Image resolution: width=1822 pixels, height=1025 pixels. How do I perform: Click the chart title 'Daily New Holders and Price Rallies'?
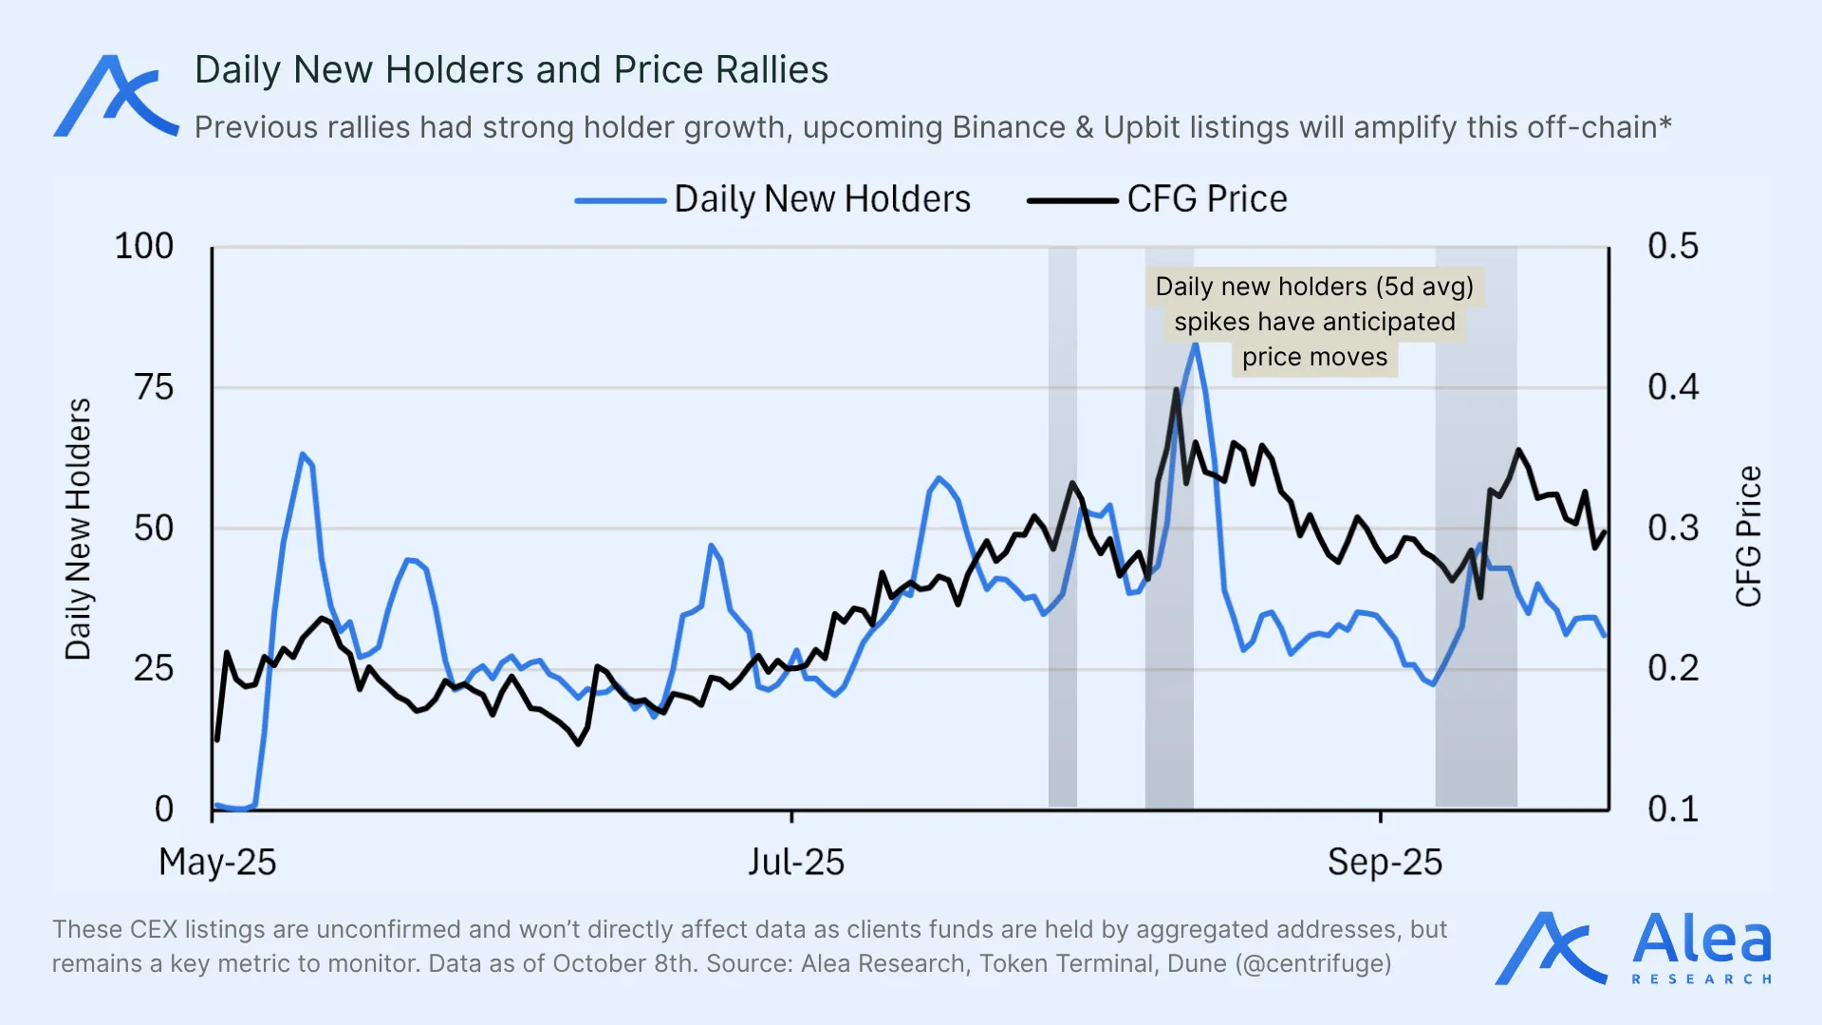tap(511, 70)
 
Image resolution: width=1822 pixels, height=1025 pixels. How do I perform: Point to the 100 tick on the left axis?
tap(144, 247)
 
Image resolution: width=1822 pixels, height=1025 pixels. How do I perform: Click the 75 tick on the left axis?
tap(154, 387)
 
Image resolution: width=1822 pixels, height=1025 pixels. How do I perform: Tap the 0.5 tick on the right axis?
tap(1673, 247)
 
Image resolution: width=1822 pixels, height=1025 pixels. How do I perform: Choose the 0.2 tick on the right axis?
tap(1673, 669)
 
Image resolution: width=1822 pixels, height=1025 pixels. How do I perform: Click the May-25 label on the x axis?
tap(217, 862)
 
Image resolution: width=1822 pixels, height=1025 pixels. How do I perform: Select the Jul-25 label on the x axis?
tap(795, 862)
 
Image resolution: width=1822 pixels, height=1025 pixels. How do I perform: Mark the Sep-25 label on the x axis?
tap(1385, 862)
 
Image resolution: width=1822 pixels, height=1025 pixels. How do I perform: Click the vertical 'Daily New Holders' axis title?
tap(78, 529)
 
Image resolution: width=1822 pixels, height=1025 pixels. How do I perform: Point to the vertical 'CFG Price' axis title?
tap(1748, 536)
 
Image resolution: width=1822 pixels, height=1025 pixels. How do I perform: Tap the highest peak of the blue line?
tap(1196, 345)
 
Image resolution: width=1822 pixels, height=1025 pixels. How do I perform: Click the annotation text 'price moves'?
tap(1314, 358)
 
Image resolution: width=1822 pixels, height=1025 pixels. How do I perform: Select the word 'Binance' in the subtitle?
tap(1009, 127)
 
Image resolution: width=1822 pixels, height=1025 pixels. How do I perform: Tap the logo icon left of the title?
tap(115, 96)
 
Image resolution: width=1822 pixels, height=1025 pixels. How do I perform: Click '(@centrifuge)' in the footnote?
tap(1313, 964)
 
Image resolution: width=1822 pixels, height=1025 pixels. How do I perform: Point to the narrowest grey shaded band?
tap(1063, 527)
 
